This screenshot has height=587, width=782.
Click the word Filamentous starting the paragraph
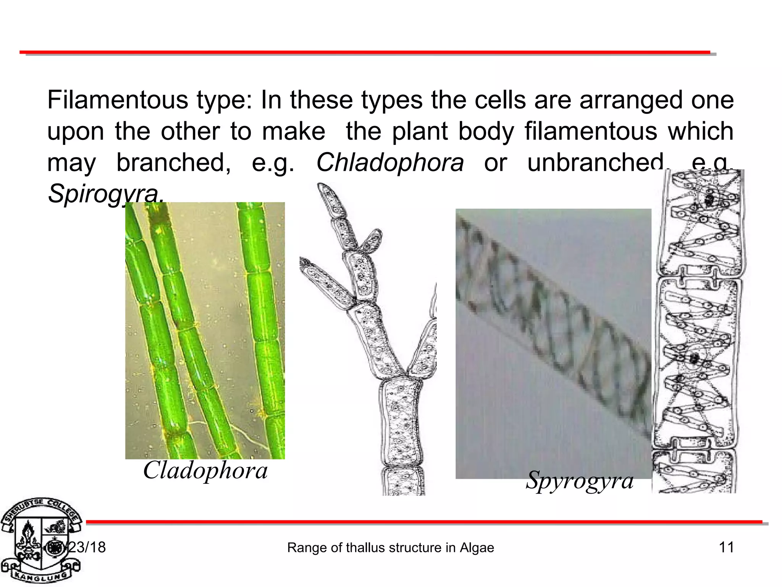(x=118, y=100)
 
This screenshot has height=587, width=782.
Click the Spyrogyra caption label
(x=580, y=480)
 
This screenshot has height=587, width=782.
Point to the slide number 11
(x=726, y=547)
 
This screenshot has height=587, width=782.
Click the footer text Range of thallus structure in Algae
(x=390, y=548)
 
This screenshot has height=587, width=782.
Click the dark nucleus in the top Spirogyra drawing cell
(x=709, y=199)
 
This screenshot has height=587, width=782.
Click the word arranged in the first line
(x=630, y=100)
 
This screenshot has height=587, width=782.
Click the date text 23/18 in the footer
(x=85, y=547)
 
